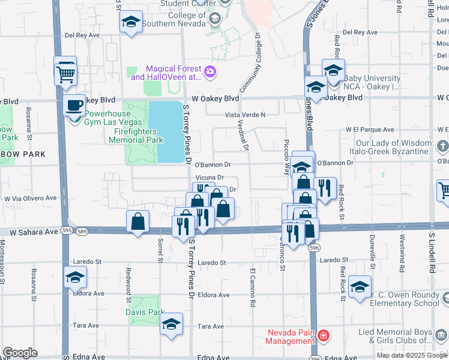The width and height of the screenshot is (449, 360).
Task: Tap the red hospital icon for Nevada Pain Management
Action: point(323,335)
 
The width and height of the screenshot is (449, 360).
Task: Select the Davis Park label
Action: point(145,312)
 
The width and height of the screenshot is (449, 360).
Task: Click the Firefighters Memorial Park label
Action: point(136,136)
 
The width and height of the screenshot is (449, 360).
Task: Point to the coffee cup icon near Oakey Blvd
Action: point(75,104)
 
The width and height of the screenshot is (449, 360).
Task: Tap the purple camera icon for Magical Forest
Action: point(209,73)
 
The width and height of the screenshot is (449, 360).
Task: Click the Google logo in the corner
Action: point(20,353)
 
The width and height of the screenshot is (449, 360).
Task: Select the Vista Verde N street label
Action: point(245,115)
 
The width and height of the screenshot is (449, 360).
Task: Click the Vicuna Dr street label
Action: point(209,178)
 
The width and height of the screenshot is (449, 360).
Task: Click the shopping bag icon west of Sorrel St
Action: point(138,221)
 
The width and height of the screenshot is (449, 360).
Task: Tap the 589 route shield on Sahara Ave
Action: point(82,231)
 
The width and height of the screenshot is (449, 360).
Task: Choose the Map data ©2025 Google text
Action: point(412,355)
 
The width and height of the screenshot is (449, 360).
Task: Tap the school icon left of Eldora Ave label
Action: point(76,277)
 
